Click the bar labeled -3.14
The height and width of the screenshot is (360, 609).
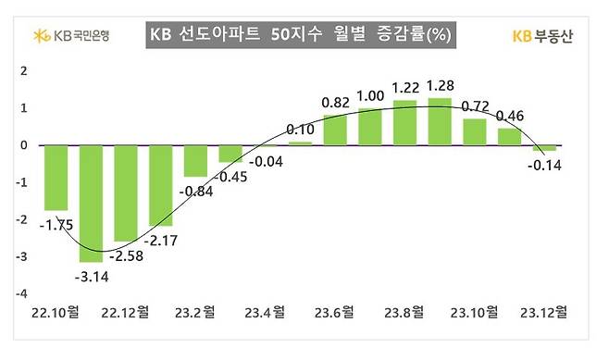tap(91, 203)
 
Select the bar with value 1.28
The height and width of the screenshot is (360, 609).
tap(440, 121)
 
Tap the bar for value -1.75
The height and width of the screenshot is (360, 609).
tap(56, 178)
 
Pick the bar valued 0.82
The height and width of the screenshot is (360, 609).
tap(335, 130)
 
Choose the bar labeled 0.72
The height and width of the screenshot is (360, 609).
tap(475, 131)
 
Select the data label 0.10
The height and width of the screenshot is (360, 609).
tap(300, 130)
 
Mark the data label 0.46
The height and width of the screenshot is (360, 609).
tap(510, 116)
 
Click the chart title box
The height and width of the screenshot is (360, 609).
tap(300, 37)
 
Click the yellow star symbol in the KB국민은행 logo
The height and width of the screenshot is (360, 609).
tap(40, 37)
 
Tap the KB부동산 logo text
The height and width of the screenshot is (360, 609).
tap(544, 37)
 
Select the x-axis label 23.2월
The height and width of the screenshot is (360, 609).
tap(197, 312)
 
